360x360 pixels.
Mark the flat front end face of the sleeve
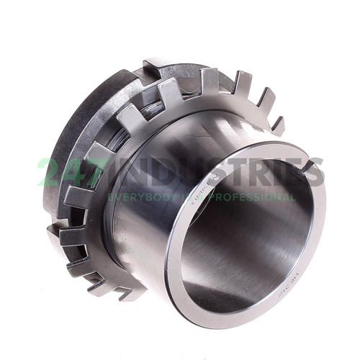point(317,238)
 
